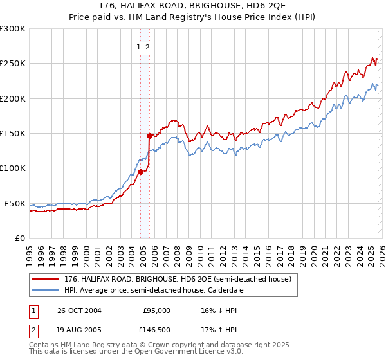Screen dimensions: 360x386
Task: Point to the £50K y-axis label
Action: tap(14, 203)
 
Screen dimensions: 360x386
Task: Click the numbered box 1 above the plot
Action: tap(138, 47)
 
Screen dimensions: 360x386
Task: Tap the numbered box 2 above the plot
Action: tap(147, 47)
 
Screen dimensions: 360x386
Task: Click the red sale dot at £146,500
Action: tap(149, 136)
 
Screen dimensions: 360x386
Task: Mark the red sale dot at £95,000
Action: tap(140, 171)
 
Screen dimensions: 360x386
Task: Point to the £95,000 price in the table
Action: tap(156, 310)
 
